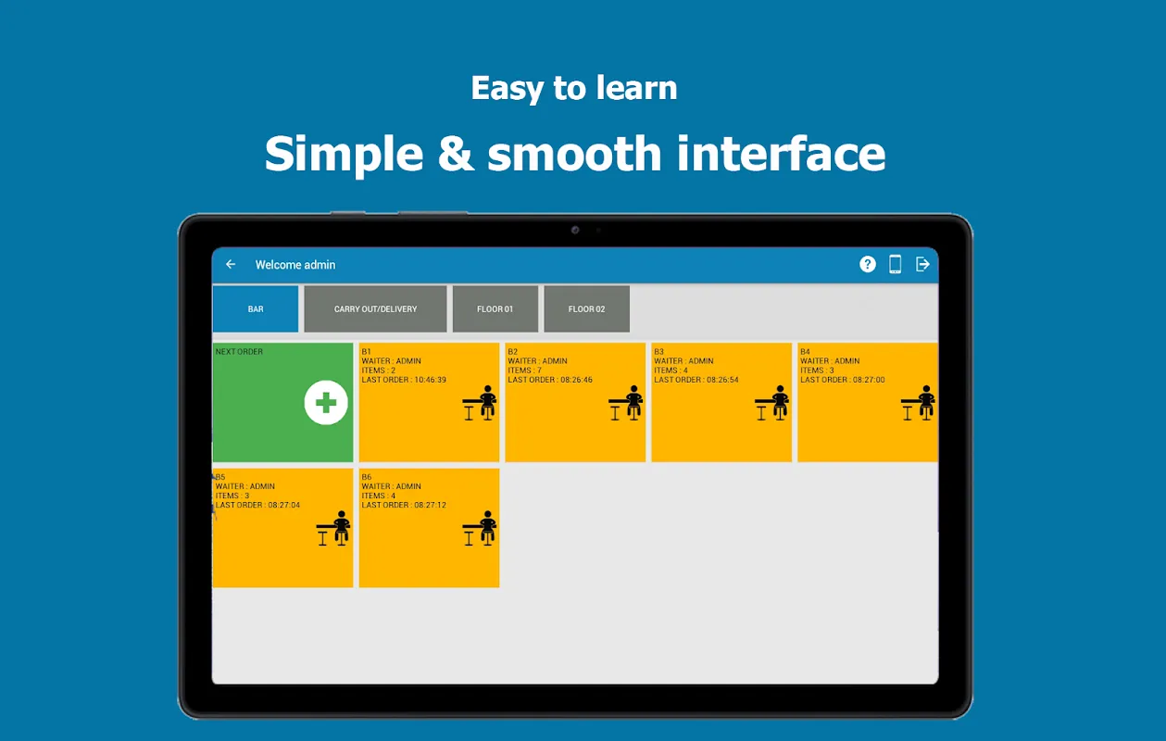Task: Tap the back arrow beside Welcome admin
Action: pyautogui.click(x=231, y=265)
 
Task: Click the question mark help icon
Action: pyautogui.click(x=867, y=265)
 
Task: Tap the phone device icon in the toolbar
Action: pyautogui.click(x=896, y=265)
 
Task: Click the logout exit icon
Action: pyautogui.click(x=922, y=265)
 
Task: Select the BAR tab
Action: pyautogui.click(x=256, y=308)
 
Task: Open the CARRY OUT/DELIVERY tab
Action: pyautogui.click(x=375, y=308)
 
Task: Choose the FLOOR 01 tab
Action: pyautogui.click(x=495, y=308)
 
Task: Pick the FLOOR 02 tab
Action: pyautogui.click(x=586, y=308)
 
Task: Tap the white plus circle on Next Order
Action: pyautogui.click(x=326, y=403)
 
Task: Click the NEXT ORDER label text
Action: pyautogui.click(x=239, y=351)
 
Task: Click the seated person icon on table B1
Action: pyautogui.click(x=480, y=403)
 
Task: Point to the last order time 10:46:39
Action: pyautogui.click(x=430, y=380)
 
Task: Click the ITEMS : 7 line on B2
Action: pyautogui.click(x=525, y=370)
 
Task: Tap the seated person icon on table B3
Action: pyautogui.click(x=772, y=403)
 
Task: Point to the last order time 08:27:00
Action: pyautogui.click(x=869, y=380)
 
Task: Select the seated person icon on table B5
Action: pyautogui.click(x=333, y=528)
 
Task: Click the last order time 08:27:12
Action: pyautogui.click(x=430, y=505)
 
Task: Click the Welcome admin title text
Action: pyautogui.click(x=295, y=265)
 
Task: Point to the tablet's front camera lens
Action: pyautogui.click(x=575, y=230)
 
